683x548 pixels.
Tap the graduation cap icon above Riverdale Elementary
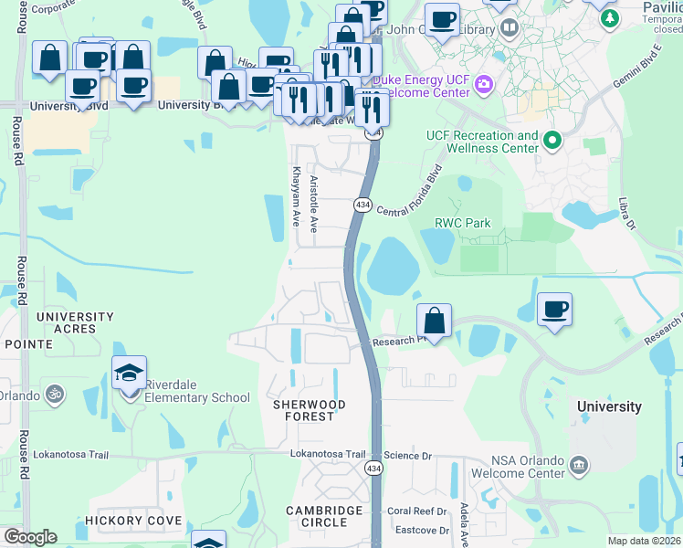(130, 373)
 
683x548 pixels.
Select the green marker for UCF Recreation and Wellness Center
(552, 142)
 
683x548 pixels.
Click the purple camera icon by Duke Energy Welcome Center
(483, 85)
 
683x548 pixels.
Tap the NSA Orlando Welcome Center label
(515, 467)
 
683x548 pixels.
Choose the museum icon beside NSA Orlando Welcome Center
(578, 467)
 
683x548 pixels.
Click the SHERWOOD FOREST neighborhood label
(308, 410)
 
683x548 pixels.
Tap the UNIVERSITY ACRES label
(75, 323)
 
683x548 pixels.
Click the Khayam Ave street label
(295, 195)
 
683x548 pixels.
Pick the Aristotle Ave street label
(314, 203)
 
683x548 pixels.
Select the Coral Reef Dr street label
(415, 511)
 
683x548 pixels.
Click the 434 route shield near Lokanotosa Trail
(373, 468)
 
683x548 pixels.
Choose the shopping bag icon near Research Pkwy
(435, 321)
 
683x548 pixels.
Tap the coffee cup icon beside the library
(442, 19)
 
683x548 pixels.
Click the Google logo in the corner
(30, 537)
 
